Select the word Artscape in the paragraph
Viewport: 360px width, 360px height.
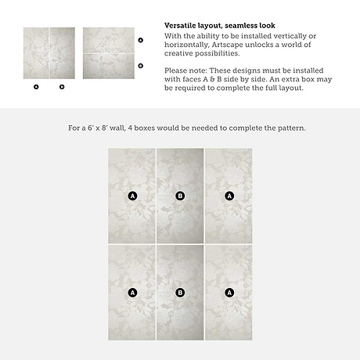point(227,45)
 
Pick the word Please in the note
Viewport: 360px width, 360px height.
point(175,70)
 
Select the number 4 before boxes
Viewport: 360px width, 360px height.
point(130,128)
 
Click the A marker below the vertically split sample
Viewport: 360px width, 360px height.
point(36,87)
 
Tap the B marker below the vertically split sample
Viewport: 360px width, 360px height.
point(62,87)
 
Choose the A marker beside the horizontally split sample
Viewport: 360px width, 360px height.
point(141,40)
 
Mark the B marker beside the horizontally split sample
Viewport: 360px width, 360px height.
point(141,66)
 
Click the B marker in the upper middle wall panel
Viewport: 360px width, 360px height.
point(180,196)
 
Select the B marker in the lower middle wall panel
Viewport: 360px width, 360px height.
point(180,293)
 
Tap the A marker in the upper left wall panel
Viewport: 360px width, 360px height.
point(132,196)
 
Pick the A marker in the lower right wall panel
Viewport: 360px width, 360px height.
point(229,293)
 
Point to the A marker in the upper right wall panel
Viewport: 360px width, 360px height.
point(229,196)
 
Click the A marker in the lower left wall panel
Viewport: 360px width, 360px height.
point(132,293)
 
